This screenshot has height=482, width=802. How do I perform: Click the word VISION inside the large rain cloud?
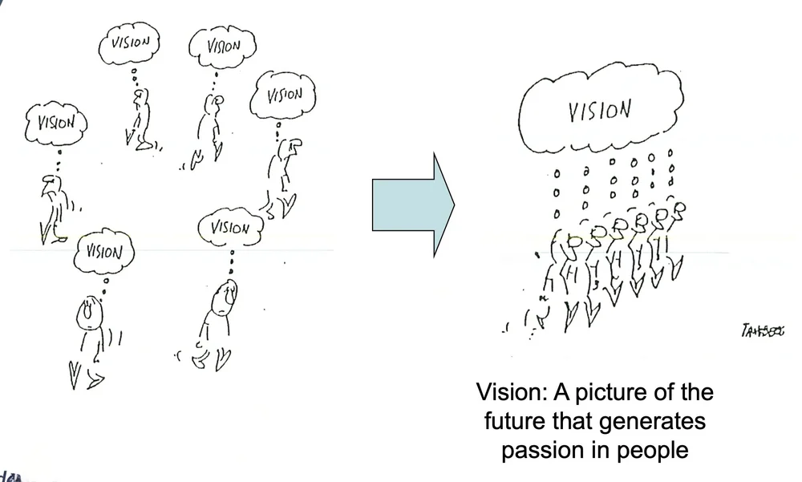click(599, 111)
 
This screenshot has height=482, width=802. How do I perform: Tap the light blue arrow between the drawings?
click(413, 205)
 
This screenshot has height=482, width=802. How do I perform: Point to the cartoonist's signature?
click(764, 330)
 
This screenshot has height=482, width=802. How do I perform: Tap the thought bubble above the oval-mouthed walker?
click(102, 252)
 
